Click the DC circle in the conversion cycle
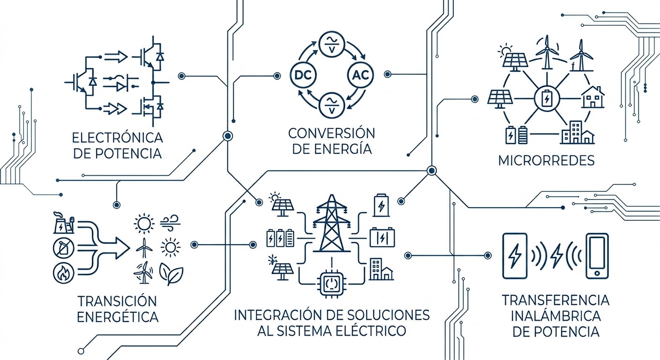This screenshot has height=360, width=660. [x=304, y=75]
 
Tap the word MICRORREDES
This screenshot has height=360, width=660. [x=547, y=160]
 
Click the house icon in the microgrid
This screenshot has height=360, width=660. [x=592, y=97]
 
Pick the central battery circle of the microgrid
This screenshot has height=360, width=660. [x=547, y=99]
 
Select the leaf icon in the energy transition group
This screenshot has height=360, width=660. [x=171, y=273]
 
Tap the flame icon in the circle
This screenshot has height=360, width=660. [x=61, y=274]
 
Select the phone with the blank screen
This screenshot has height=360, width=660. [x=597, y=256]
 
